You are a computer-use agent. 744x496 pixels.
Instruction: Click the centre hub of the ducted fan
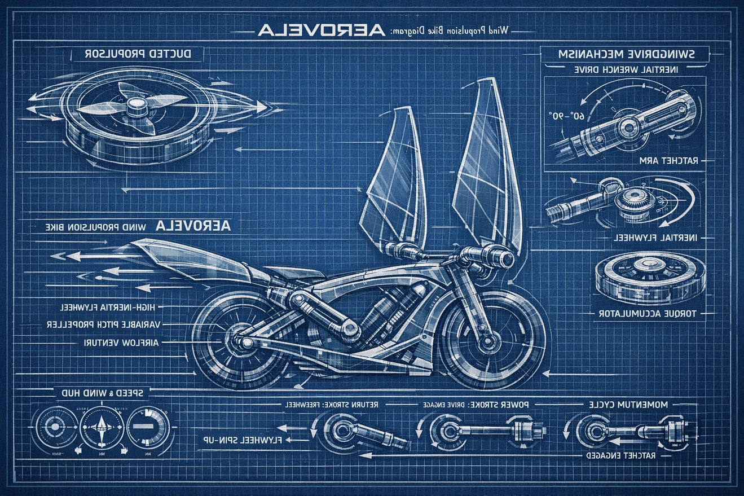tap(136, 106)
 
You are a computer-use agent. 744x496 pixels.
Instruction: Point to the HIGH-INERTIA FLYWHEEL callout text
tap(111, 307)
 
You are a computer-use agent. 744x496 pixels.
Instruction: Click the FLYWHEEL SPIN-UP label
tap(245, 439)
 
